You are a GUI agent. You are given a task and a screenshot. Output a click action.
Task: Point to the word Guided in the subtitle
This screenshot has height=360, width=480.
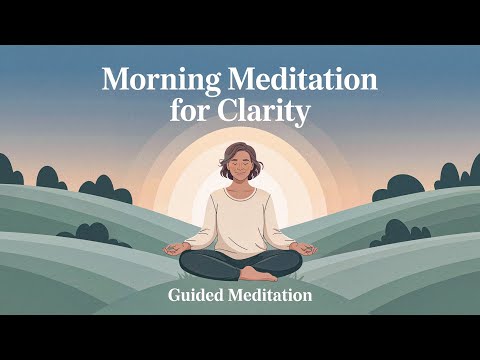[x=199, y=296]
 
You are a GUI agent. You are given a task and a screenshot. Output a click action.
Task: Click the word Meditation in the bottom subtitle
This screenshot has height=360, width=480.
[x=271, y=296]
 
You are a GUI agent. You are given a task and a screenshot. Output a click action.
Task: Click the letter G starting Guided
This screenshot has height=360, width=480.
[x=175, y=296]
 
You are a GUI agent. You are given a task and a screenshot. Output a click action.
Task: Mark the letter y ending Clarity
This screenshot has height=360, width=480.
[x=303, y=114]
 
